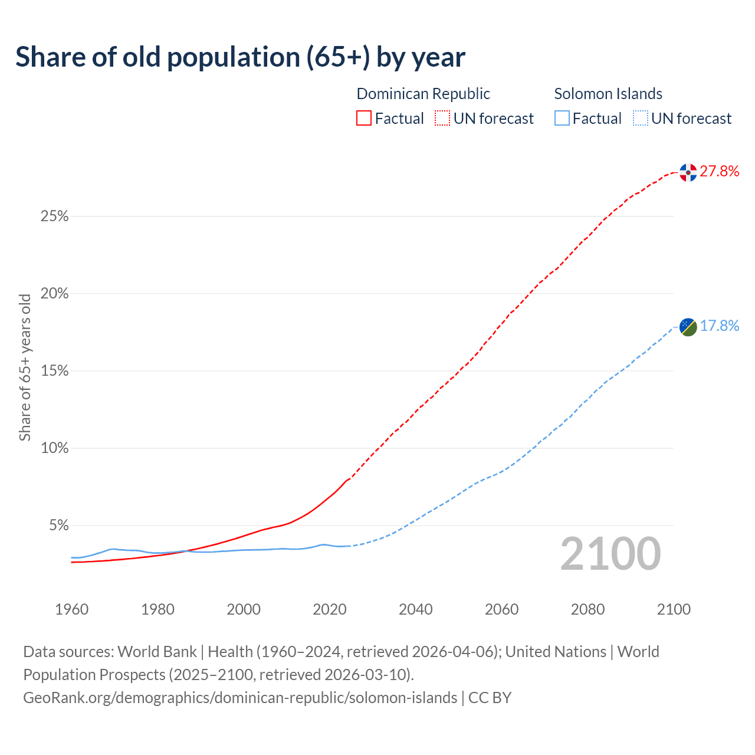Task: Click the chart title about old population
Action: (240, 57)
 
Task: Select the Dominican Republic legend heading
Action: (423, 94)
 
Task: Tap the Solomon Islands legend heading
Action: (608, 94)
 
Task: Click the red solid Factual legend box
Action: (364, 119)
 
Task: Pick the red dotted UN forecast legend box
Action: (442, 119)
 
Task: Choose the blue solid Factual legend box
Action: (562, 119)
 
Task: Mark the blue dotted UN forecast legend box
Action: (640, 119)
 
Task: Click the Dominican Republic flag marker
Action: (688, 172)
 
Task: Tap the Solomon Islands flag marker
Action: (688, 326)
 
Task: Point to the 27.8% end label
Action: (719, 172)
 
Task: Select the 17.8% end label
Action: (719, 326)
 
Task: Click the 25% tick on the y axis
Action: (54, 216)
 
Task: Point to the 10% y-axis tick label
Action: (54, 448)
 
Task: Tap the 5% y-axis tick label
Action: (58, 526)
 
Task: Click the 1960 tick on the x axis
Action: (71, 609)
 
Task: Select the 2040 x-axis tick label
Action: (415, 609)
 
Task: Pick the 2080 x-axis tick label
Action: (587, 609)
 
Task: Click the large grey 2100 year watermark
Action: (610, 554)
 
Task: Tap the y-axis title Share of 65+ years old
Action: (25, 367)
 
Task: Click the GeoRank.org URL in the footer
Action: (240, 698)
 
